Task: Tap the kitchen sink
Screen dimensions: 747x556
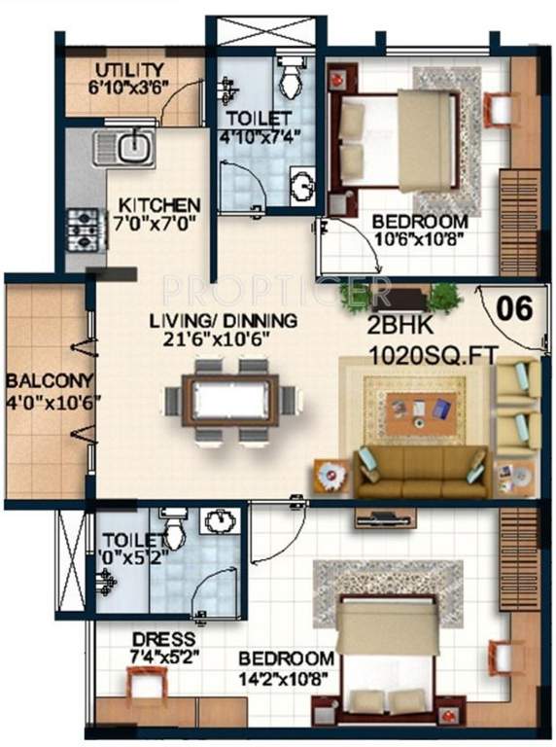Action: point(124,150)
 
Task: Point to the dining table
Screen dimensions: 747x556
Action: point(230,400)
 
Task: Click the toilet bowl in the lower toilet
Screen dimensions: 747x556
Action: point(174,530)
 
